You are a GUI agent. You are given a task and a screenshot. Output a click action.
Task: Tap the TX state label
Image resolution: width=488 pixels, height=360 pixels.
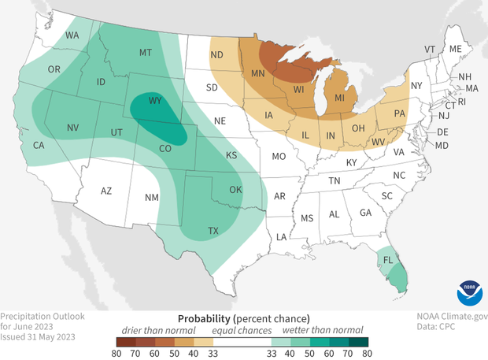tap(191, 231)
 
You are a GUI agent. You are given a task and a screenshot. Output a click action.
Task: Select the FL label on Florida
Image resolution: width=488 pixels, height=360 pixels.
tap(386, 258)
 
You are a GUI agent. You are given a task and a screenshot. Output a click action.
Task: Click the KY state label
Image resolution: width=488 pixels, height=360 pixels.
tap(351, 162)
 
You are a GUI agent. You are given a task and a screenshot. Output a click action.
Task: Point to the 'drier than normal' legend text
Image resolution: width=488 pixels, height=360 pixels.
tap(156, 331)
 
